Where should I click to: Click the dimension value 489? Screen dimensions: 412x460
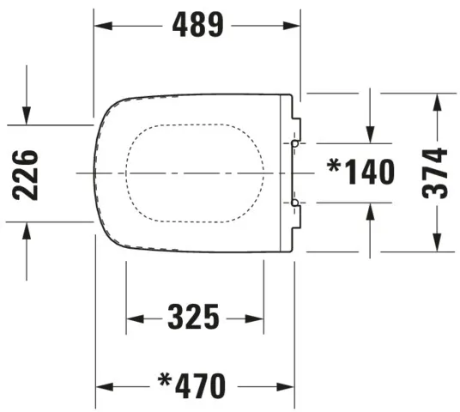tap(197, 26)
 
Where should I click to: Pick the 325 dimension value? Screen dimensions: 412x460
tap(194, 318)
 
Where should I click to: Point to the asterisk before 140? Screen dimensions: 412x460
tap(334, 166)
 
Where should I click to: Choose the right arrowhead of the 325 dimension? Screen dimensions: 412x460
tap(257, 319)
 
